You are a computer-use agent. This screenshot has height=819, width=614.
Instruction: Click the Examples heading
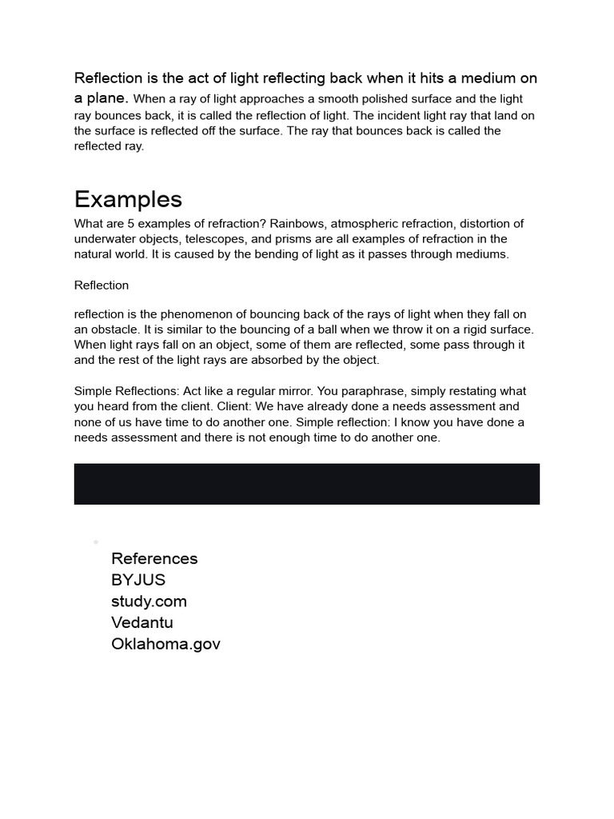128,199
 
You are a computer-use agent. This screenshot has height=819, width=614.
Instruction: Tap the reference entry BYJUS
138,580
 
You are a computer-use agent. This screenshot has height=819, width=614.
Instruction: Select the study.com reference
149,601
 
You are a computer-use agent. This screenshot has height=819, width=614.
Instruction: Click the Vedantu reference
142,622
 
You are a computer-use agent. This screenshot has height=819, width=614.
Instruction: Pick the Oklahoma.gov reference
165,644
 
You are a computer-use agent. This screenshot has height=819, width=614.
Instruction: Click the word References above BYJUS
154,558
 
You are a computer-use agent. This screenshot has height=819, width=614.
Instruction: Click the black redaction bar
307,484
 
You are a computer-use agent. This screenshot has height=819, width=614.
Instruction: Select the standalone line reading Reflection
102,286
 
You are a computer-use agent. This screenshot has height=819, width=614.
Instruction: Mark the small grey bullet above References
96,542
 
